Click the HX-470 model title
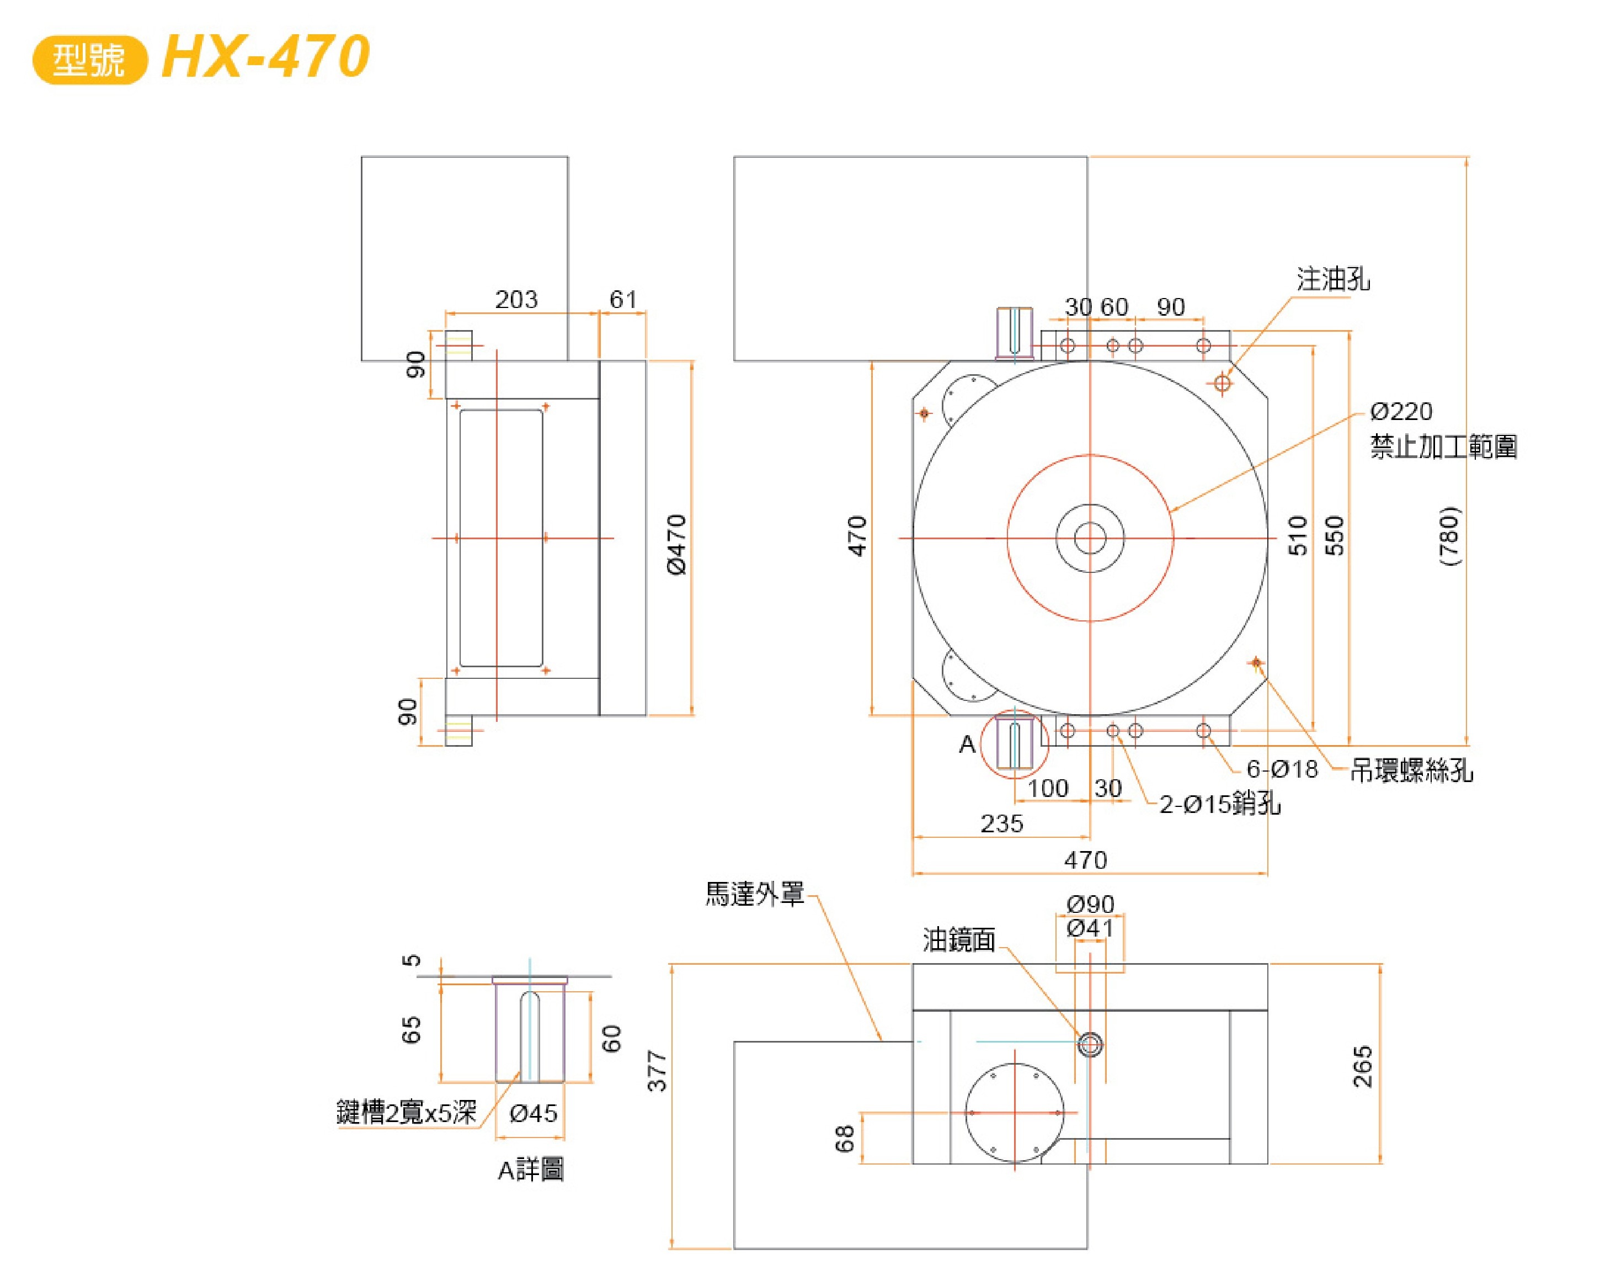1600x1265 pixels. pyautogui.click(x=265, y=57)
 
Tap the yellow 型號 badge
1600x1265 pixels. pyautogui.click(x=89, y=59)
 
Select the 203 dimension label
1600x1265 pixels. pyautogui.click(x=516, y=299)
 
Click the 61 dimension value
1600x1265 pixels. pyautogui.click(x=623, y=299)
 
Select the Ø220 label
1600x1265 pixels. pyautogui.click(x=1401, y=411)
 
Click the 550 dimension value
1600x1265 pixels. pyautogui.click(x=1334, y=535)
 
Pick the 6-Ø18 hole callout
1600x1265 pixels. pyautogui.click(x=1282, y=769)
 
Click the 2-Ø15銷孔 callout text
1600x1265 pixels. pyautogui.click(x=1219, y=804)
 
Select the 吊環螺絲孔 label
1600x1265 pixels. pyautogui.click(x=1411, y=771)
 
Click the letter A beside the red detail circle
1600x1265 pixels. pyautogui.click(x=967, y=745)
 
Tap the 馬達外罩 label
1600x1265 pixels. pyautogui.click(x=754, y=894)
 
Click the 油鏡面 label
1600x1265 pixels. pyautogui.click(x=959, y=940)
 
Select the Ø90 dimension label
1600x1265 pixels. pyautogui.click(x=1090, y=903)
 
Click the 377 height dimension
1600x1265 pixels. pyautogui.click(x=657, y=1070)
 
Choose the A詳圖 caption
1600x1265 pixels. pyautogui.click(x=531, y=1170)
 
